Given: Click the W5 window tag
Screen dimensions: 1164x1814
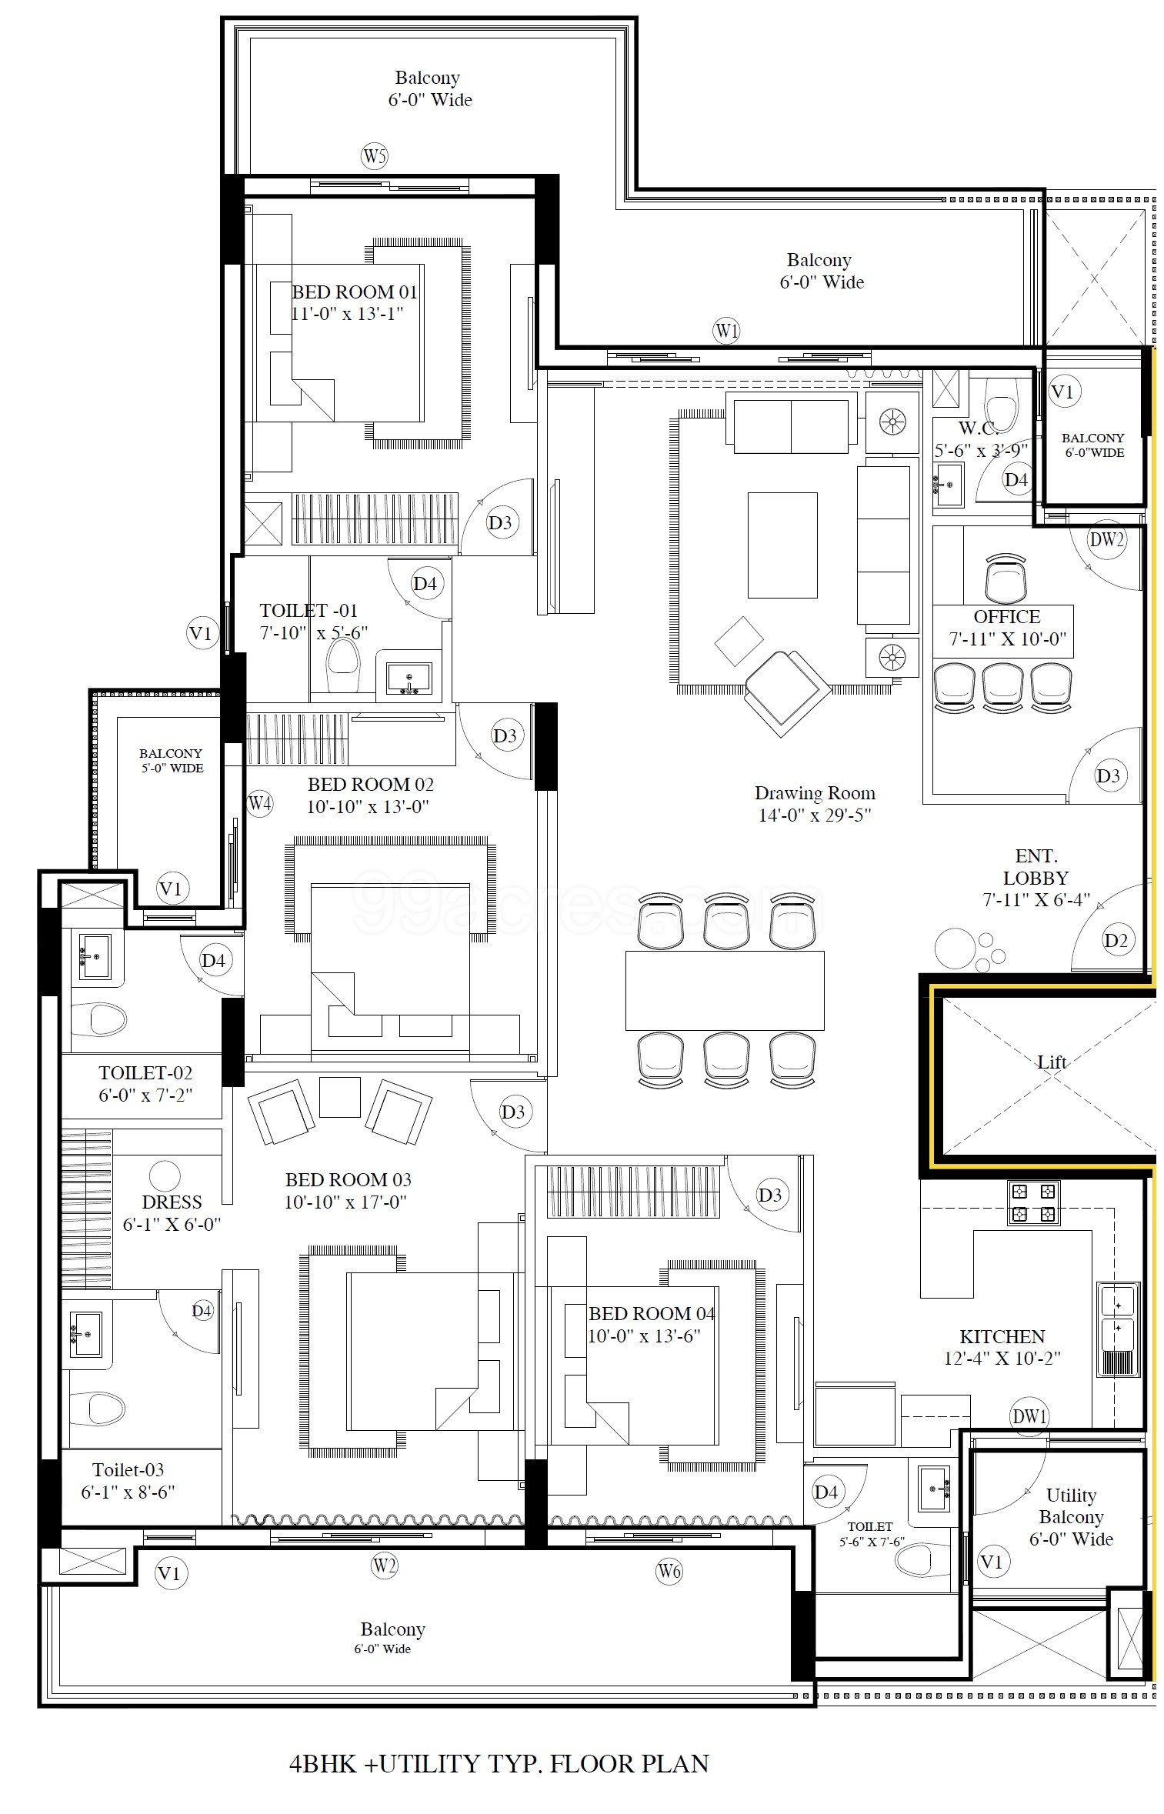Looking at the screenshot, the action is point(374,157).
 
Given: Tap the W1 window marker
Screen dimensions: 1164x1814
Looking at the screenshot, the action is point(726,332).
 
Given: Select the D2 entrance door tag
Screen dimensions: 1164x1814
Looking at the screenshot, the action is point(1116,939).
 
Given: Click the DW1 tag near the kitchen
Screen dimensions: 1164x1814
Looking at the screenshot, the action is point(1029,1416).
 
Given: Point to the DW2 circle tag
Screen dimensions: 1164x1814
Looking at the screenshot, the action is point(1106,539).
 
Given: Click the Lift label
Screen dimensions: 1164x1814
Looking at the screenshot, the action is point(1052,1062).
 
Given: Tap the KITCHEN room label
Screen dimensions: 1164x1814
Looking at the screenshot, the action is point(1002,1336).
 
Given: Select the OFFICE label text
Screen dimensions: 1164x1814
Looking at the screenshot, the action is point(1006,617).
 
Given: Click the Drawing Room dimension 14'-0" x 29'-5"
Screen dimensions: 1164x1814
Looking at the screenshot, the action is point(815,815).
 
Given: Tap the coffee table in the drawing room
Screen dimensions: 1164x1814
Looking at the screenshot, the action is point(782,545).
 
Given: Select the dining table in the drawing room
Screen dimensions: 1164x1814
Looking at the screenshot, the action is point(725,990).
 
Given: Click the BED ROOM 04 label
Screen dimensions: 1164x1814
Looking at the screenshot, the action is point(652,1313).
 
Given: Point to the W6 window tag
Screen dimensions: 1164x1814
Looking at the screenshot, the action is point(669,1571).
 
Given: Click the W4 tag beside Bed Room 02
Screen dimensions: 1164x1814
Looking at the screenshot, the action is point(259,804).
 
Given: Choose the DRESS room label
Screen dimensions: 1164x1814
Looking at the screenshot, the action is point(172,1202).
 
